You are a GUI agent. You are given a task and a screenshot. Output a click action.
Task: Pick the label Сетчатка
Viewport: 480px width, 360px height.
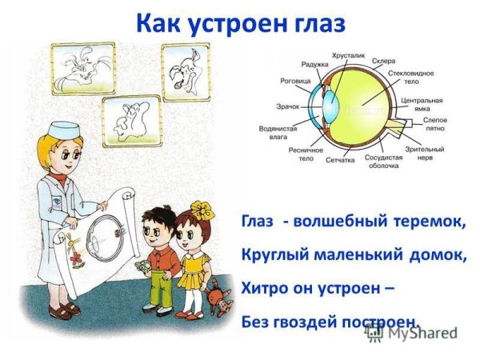point(340,158)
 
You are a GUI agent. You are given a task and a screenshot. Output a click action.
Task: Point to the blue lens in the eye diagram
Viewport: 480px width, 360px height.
point(328,104)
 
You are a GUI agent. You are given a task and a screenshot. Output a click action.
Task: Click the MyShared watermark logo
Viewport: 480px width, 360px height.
point(413,334)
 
